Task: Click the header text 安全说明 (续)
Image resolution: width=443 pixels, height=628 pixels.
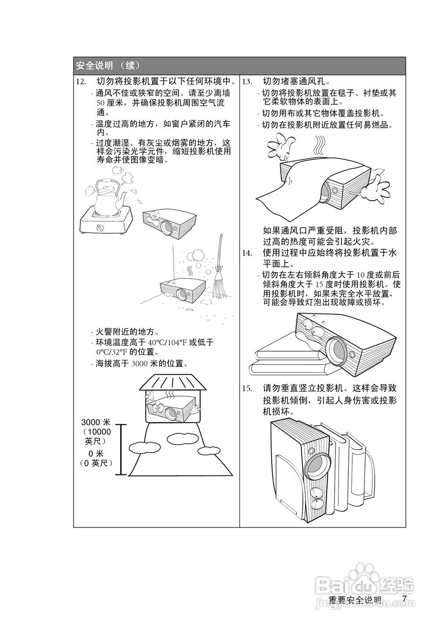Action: (x=108, y=65)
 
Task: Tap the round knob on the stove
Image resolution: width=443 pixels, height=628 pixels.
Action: (x=102, y=228)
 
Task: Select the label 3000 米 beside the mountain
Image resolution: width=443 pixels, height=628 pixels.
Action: (x=96, y=422)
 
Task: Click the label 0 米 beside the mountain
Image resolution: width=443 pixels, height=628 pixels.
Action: (x=96, y=453)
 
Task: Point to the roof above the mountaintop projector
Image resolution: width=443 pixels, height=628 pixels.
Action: (x=174, y=382)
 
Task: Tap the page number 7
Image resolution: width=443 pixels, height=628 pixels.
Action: (x=404, y=599)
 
